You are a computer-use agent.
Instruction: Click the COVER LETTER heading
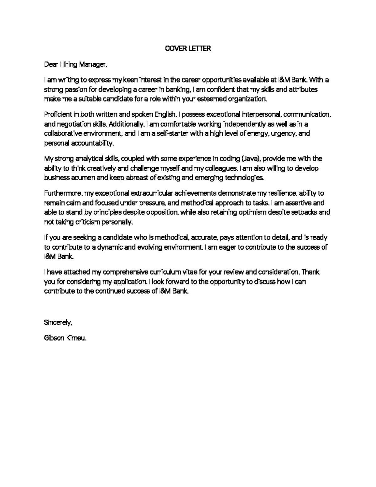[x=188, y=49]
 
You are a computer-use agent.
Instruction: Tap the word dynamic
[x=110, y=247]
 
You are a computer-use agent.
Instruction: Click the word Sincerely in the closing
[x=58, y=322]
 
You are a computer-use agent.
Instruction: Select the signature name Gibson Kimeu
[x=65, y=338]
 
